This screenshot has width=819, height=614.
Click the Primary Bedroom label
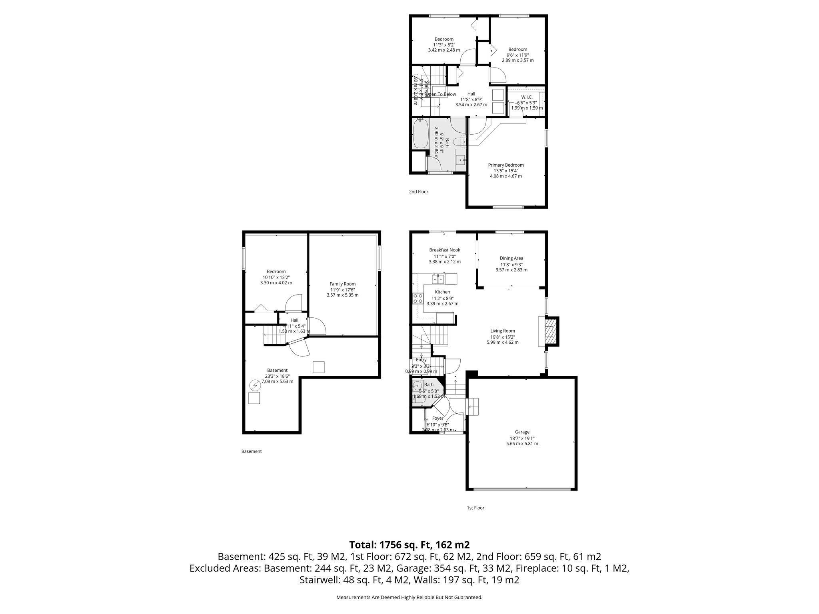(505, 165)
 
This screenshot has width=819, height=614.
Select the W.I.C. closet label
(527, 97)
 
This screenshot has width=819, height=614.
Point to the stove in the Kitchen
(418, 298)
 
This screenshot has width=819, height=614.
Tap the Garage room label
(522, 432)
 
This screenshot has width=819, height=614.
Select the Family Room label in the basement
(342, 284)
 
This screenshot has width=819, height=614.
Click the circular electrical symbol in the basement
(254, 385)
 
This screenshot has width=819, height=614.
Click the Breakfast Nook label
(445, 250)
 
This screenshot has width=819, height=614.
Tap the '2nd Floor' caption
(418, 191)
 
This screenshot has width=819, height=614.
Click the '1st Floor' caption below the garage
(475, 508)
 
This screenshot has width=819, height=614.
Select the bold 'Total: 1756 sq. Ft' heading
(409, 545)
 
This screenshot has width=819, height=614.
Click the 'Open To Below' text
(441, 94)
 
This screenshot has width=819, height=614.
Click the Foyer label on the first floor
(437, 418)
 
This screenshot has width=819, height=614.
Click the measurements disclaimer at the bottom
(409, 597)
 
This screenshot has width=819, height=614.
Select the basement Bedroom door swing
(293, 303)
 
